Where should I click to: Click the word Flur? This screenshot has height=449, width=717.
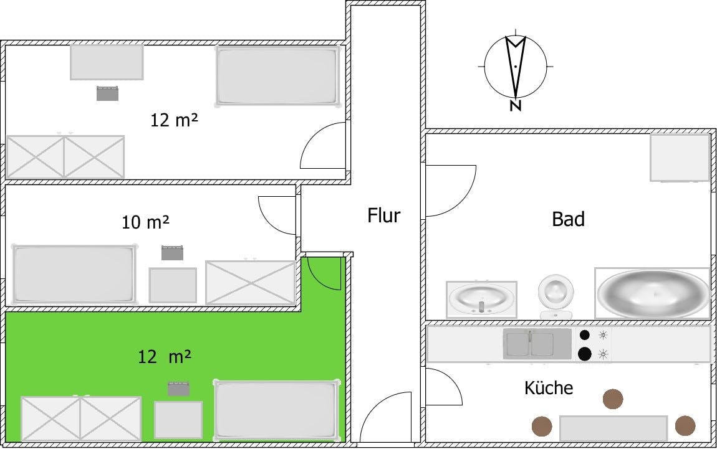pos(383,215)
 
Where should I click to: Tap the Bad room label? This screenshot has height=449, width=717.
pos(568,219)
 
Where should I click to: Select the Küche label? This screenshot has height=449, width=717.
pos(548,388)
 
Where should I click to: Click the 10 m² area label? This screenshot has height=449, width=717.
pos(145,222)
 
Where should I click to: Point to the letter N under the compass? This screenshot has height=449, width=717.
pos(516,105)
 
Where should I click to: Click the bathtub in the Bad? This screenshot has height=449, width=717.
pos(653,293)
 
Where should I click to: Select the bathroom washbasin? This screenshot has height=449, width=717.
pos(481,299)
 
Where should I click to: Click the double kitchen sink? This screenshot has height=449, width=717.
pos(537,344)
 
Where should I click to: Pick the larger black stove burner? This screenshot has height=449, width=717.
pos(584,354)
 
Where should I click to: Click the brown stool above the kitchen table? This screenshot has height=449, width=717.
pos(613,399)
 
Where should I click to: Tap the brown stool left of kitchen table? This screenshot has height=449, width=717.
pos(542,426)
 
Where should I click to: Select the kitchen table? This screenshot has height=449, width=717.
pos(614,428)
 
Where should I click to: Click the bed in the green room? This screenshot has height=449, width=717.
pos(277,410)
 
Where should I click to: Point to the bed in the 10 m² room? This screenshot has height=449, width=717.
pos(75,275)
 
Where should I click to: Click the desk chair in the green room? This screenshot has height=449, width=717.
pos(178,389)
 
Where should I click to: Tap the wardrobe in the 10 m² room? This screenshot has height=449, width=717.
pos(251,282)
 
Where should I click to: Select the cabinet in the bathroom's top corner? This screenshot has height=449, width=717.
pos(680,157)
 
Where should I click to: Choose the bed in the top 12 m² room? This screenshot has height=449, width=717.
pos(278,76)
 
